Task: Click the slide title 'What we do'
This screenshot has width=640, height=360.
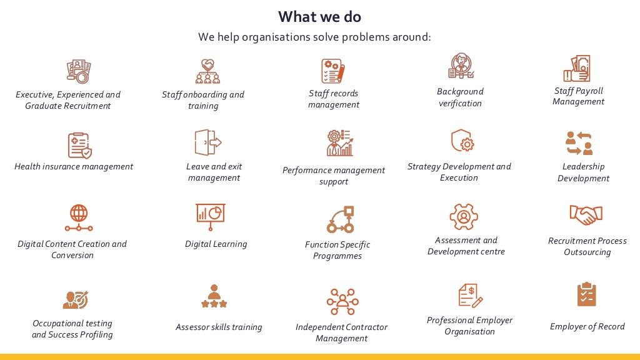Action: [319, 16]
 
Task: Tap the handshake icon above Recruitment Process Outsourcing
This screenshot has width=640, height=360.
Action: [586, 216]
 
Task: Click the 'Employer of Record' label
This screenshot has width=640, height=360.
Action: [587, 326]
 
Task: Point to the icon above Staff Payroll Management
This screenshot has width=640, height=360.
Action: [577, 69]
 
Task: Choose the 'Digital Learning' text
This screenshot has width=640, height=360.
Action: [216, 244]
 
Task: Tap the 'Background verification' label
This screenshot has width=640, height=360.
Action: [460, 97]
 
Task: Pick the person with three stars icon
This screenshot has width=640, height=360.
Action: [214, 296]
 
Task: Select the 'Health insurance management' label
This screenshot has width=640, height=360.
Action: [74, 166]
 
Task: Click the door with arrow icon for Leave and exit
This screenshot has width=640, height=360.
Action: [207, 142]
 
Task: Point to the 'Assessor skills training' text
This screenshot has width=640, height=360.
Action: [219, 327]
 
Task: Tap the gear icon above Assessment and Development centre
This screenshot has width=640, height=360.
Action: [464, 217]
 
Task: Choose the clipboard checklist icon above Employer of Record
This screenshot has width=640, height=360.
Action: [586, 294]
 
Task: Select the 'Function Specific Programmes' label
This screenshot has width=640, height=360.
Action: [337, 250]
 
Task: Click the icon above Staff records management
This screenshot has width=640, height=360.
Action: [332, 71]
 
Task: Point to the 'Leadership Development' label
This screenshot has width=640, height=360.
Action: [583, 172]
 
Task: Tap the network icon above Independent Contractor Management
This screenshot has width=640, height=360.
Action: [342, 301]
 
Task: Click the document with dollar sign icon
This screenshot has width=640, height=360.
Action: [470, 295]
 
